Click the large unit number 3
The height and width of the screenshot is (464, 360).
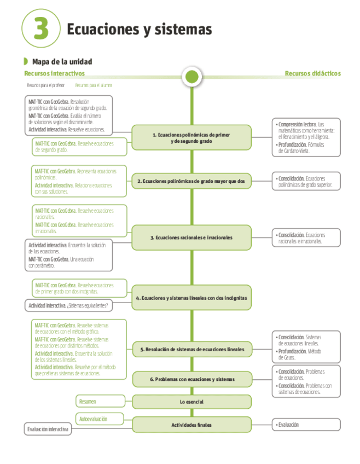[42, 28]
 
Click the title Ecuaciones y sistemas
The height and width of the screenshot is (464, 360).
[139, 29]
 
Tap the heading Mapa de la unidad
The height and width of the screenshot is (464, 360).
[62, 62]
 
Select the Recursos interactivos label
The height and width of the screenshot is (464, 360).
[54, 73]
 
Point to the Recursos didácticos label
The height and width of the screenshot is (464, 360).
[312, 73]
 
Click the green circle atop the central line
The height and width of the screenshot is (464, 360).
[191, 76]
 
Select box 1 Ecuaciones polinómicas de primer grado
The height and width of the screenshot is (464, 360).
[191, 137]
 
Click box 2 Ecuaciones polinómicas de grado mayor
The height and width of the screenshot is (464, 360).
[191, 181]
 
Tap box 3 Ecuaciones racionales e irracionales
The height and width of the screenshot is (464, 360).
[191, 237]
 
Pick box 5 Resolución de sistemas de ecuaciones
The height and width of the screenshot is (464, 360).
[191, 349]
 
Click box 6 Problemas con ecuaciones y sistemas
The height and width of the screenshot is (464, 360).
[191, 379]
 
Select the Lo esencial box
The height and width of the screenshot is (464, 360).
[191, 402]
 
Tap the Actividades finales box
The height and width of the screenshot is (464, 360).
[191, 425]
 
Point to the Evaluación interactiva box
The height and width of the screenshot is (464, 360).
[48, 430]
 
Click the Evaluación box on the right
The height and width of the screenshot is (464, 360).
[306, 425]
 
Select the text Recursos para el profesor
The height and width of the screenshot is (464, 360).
[45, 85]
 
